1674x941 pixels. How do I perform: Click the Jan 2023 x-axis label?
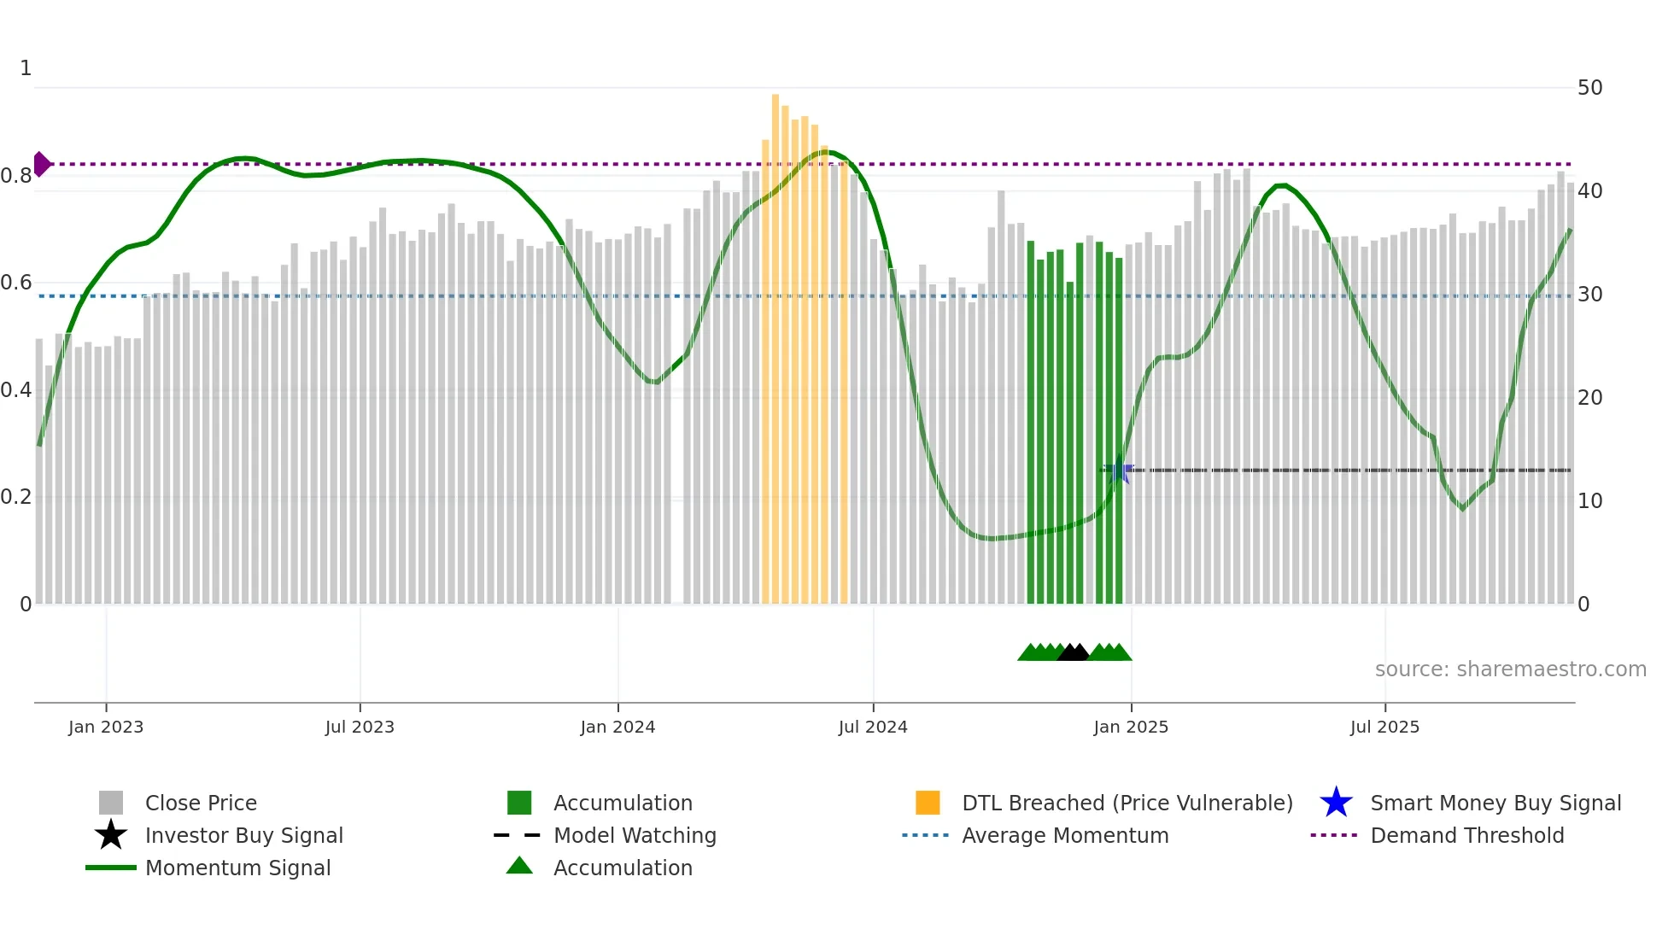(106, 727)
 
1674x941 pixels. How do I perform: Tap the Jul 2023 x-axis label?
(360, 727)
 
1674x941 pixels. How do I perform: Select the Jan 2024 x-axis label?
(618, 727)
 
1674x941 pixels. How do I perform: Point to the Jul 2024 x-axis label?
(873, 727)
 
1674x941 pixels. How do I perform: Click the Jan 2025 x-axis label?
(1131, 727)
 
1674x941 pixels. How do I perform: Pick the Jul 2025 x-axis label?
(1384, 727)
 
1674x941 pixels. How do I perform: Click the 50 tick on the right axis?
(1589, 88)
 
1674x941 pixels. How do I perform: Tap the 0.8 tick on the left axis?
(17, 176)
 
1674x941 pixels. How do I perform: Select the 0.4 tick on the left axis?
(17, 390)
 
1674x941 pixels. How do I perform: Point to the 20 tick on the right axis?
(1589, 398)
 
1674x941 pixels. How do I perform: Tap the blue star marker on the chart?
(1119, 470)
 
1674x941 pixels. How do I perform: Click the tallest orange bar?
(776, 342)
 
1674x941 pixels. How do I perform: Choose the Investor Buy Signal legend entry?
(243, 835)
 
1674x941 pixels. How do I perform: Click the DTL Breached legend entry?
(1127, 803)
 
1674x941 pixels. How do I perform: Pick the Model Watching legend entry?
(634, 835)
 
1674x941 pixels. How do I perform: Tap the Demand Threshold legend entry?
(1466, 835)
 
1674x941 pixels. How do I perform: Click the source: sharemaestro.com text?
(1510, 669)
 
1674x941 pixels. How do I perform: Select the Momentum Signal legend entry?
(237, 868)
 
